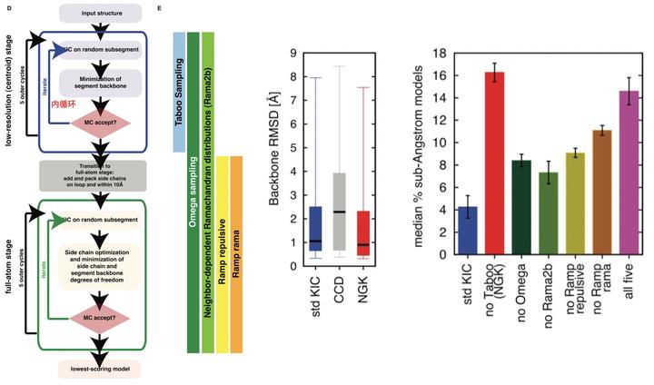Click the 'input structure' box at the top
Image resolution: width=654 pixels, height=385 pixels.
coord(100,14)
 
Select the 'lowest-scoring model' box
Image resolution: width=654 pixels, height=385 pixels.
coord(100,370)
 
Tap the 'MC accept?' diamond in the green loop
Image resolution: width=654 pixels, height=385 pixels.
coord(100,321)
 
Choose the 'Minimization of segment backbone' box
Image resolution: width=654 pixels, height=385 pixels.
coord(100,85)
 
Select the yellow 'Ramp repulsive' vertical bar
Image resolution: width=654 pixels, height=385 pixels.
coord(221,254)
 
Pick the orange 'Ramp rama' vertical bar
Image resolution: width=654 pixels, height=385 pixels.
coord(236,254)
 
